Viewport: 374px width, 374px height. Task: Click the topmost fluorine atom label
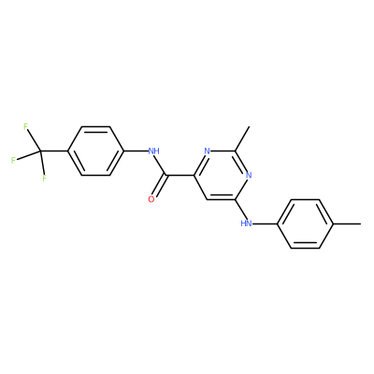tap(25, 126)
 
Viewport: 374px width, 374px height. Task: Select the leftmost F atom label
tap(13, 161)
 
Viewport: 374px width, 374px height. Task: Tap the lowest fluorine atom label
tap(44, 179)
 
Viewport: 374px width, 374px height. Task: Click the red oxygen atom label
tap(151, 199)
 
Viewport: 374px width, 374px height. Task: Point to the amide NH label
tap(153, 151)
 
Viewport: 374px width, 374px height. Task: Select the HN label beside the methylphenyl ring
tap(247, 223)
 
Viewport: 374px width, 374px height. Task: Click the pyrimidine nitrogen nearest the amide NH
tap(208, 151)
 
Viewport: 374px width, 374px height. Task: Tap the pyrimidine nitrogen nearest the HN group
tap(249, 175)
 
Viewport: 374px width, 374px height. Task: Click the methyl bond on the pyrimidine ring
tap(242, 138)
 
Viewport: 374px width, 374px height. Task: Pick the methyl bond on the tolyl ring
tap(348, 223)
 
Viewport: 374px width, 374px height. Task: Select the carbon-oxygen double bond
tap(160, 186)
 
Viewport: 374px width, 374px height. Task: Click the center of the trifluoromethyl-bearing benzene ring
tap(95, 151)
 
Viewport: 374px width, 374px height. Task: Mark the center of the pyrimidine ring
tap(222, 175)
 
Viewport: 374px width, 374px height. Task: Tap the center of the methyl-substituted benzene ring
tap(306, 223)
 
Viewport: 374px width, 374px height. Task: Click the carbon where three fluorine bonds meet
tap(40, 151)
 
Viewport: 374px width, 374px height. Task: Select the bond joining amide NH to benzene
tap(136, 151)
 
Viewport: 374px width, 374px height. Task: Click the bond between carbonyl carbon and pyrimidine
tap(180, 175)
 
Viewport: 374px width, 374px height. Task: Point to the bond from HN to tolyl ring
tap(265, 223)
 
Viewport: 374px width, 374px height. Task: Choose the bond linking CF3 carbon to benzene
tap(53, 151)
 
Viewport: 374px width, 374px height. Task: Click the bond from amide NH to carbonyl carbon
tap(162, 165)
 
